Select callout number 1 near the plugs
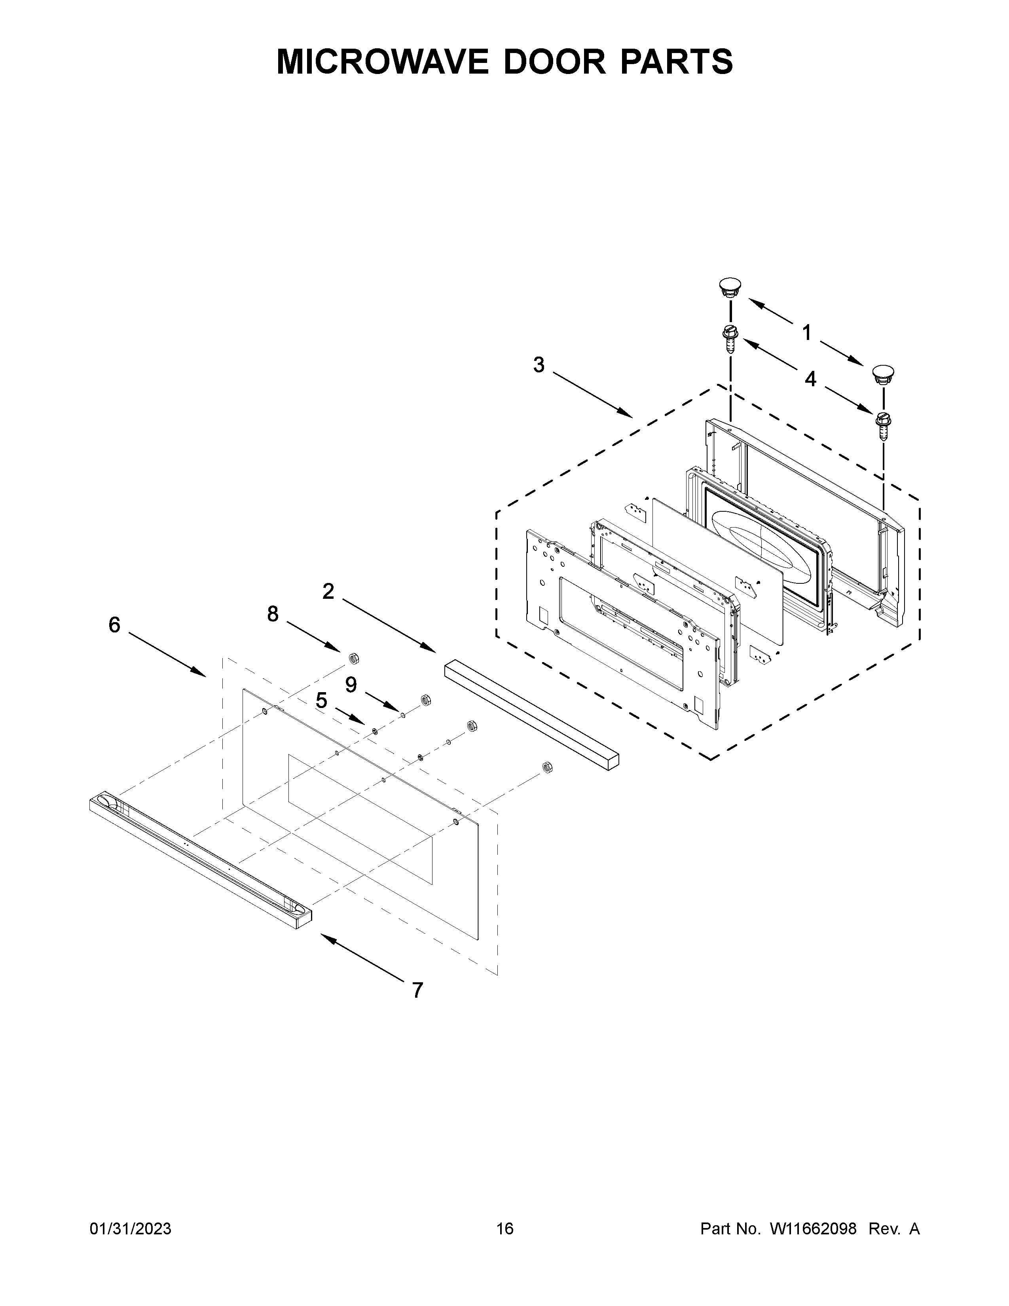coord(807,332)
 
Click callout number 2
coord(328,591)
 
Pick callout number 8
coord(273,613)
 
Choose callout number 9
coord(351,684)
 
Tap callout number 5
coord(322,700)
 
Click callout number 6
coord(114,625)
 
